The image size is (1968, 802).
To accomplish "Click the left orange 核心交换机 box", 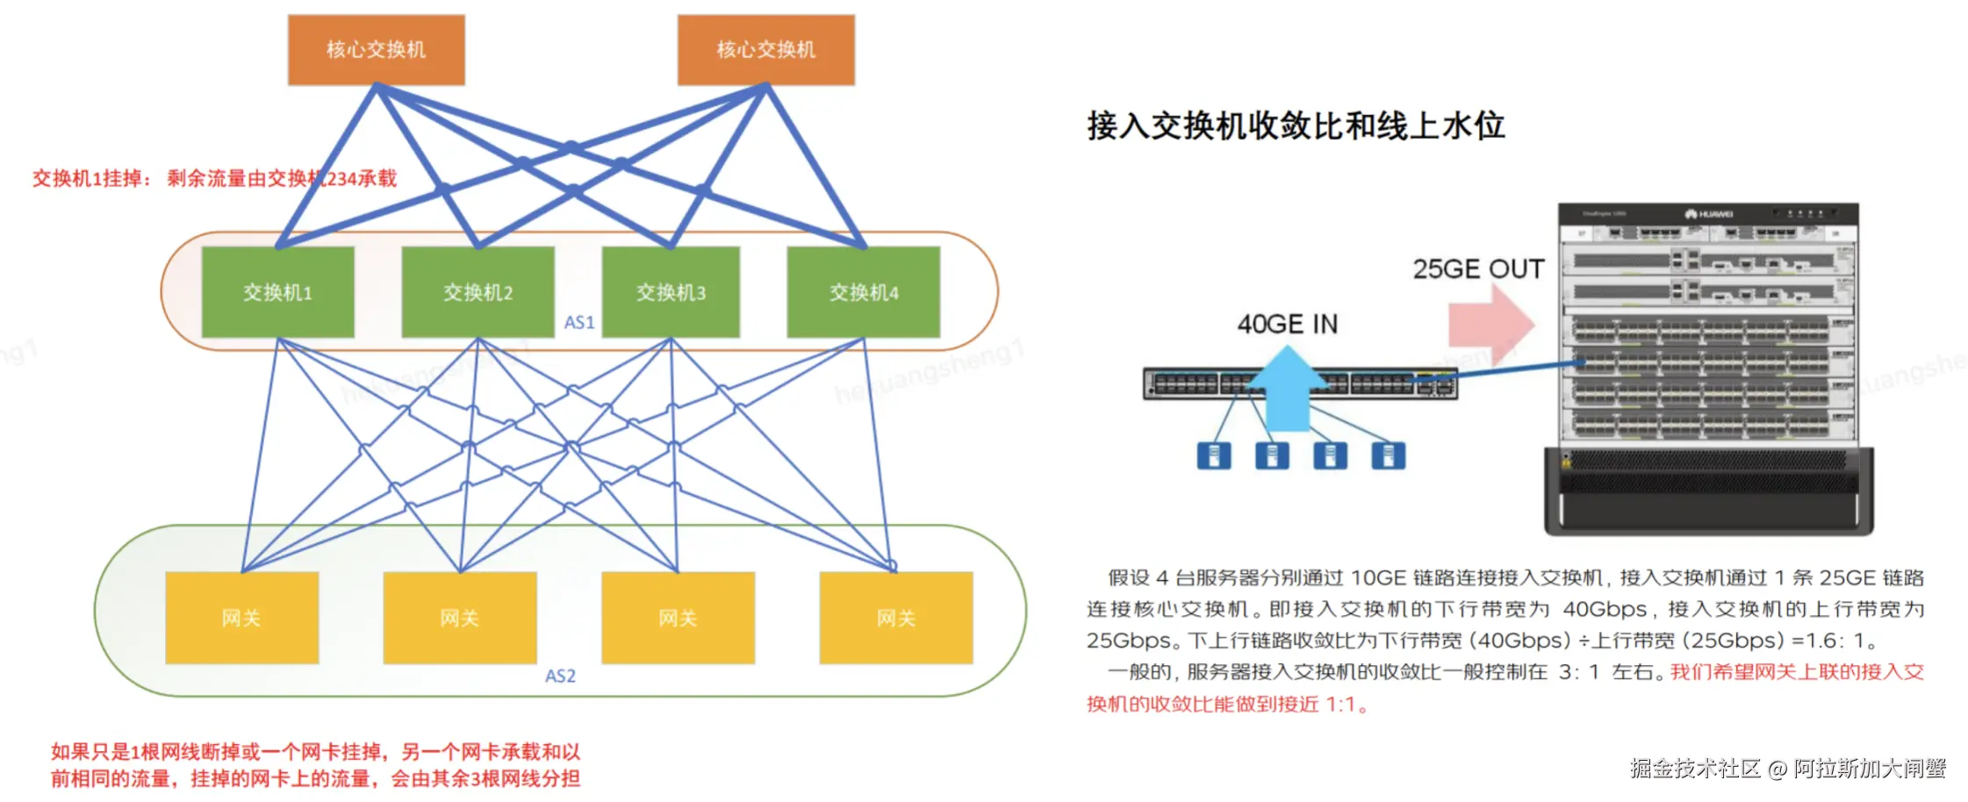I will coord(376,50).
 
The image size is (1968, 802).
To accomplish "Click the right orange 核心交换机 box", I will coord(765,50).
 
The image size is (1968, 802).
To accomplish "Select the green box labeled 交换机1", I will coord(277,292).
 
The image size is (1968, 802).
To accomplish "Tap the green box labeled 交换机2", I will coord(478,292).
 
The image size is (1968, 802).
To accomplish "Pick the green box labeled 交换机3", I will coord(671,292).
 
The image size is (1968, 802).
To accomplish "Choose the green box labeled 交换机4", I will coord(863,292).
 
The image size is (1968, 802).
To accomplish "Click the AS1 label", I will coord(579,323).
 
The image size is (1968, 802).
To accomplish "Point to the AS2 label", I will coord(560,677).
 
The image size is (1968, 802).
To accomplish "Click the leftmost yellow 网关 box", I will coord(241,618).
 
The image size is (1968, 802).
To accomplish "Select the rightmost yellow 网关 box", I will coord(895,618).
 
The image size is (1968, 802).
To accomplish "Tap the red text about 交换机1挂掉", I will coord(214,179).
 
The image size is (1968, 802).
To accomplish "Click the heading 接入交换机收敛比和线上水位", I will coord(1296,125).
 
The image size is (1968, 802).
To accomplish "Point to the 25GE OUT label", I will coord(1478,269).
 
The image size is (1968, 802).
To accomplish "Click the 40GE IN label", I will coord(1287,325).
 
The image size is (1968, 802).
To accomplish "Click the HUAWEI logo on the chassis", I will coord(1709,214).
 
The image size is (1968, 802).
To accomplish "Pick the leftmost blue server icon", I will coord(1214,455).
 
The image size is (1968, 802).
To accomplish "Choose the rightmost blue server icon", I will coord(1388,455).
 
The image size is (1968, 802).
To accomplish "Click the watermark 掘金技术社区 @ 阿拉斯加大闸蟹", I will coord(1787,769).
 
